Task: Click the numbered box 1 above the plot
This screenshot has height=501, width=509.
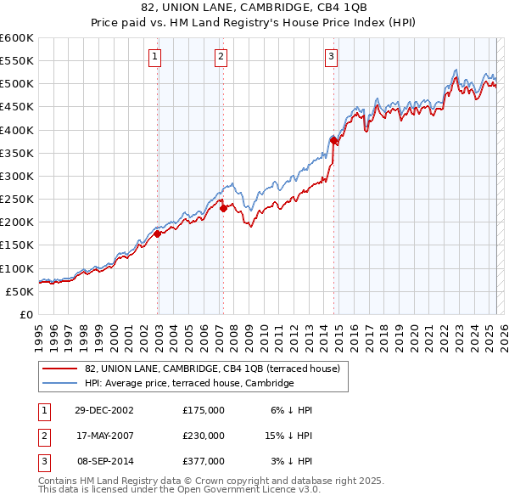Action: (x=156, y=57)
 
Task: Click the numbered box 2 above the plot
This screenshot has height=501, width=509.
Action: (x=221, y=57)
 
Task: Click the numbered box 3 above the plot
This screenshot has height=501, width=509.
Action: (x=331, y=57)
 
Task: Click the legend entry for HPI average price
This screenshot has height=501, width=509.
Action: (x=188, y=383)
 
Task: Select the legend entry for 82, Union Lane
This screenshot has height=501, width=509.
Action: (x=212, y=369)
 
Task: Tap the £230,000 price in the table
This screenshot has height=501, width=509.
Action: (x=204, y=436)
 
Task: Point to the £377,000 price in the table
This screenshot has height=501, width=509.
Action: (x=204, y=461)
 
